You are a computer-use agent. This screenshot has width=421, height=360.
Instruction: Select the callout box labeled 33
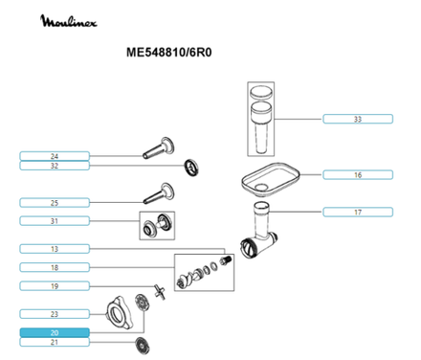click(357, 119)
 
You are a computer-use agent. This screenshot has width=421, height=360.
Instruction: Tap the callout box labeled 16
click(357, 174)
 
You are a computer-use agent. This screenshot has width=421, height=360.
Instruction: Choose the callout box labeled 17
click(357, 211)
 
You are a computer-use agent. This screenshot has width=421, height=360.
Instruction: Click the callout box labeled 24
click(55, 156)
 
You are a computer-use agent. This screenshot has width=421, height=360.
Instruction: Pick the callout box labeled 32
click(55, 166)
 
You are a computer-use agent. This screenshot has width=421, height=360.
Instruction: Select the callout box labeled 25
click(55, 202)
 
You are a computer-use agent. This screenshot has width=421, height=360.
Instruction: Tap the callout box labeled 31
click(55, 222)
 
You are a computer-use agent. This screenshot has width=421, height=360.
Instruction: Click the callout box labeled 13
click(55, 249)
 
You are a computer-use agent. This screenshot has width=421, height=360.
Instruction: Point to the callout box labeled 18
click(55, 267)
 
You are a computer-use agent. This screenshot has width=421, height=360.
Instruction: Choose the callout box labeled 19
click(55, 286)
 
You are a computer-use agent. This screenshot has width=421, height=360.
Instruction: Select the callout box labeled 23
click(55, 314)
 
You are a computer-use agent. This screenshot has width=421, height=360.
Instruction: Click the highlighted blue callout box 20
click(55, 331)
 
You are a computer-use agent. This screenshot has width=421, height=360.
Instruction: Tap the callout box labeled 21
click(55, 342)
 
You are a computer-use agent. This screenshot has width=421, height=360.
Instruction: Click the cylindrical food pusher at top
click(260, 115)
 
